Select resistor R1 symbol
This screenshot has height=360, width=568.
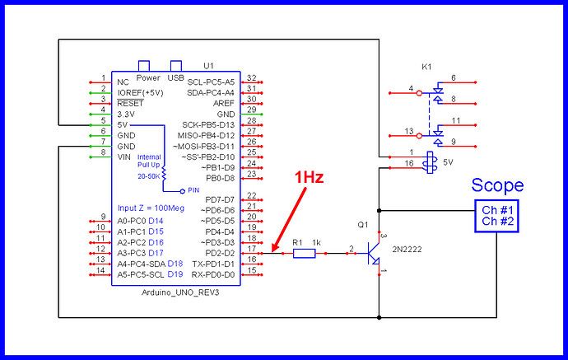click(x=304, y=254)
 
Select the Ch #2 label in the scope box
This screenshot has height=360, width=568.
click(x=497, y=221)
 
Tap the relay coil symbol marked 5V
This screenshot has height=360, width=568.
click(x=428, y=162)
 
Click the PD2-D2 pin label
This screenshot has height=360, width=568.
click(x=218, y=253)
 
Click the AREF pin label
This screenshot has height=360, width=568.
click(x=223, y=102)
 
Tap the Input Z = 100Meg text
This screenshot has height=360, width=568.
click(x=150, y=208)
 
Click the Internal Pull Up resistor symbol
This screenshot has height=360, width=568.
click(x=164, y=174)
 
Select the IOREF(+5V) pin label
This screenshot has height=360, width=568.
click(x=140, y=93)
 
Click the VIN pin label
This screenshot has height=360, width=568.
click(x=125, y=157)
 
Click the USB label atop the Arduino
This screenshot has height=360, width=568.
click(x=175, y=78)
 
